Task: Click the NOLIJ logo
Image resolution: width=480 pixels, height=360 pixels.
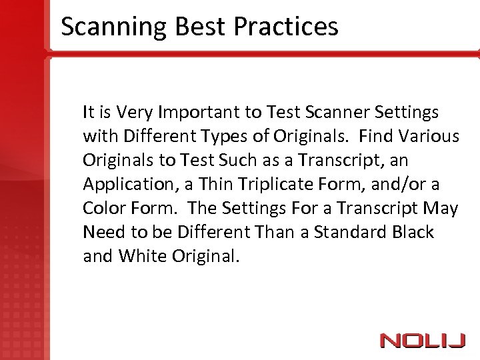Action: tap(422, 341)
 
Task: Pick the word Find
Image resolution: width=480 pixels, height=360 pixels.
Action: tap(375, 136)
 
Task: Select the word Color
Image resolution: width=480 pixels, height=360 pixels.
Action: tap(103, 209)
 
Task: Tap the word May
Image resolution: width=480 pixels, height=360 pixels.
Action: tap(442, 209)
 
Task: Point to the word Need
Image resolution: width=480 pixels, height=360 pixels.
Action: tap(101, 233)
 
